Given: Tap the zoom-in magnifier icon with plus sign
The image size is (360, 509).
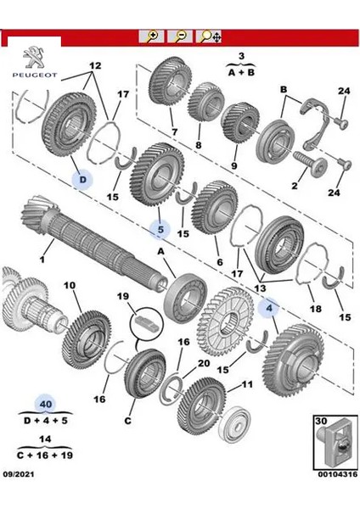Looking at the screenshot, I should pyautogui.click(x=154, y=36).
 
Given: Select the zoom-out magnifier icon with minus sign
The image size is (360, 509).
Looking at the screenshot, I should pyautogui.click(x=180, y=36).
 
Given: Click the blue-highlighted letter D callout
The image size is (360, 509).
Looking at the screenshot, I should pyautogui.click(x=82, y=179).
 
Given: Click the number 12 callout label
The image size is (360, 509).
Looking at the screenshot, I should pyautogui.click(x=94, y=65).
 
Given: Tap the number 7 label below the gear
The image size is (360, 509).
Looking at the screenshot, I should pyautogui.click(x=174, y=132).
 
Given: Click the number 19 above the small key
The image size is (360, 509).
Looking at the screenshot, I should pyautogui.click(x=124, y=297).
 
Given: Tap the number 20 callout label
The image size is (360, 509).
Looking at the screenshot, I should pyautogui.click(x=203, y=362).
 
